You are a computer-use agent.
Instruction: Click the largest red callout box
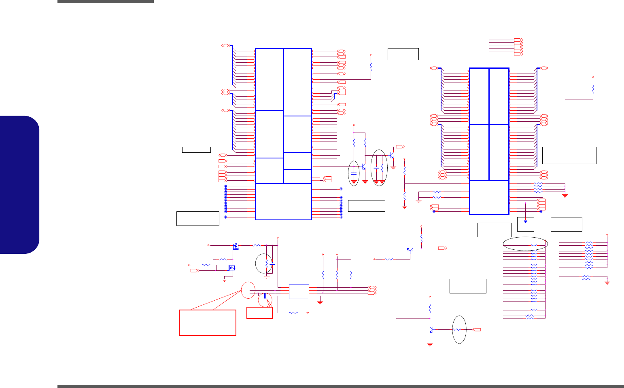pyautogui.click(x=207, y=323)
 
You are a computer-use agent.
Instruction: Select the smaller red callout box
pyautogui.click(x=259, y=312)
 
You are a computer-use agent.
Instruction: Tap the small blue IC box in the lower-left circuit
pyautogui.click(x=299, y=291)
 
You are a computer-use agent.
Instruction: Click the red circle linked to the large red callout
pyautogui.click(x=248, y=291)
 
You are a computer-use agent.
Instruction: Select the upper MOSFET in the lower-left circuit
pyautogui.click(x=236, y=246)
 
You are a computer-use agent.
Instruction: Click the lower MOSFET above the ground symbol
pyautogui.click(x=232, y=268)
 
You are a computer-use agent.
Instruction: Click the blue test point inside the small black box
pyautogui.click(x=525, y=221)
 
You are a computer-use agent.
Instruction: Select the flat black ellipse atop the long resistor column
pyautogui.click(x=526, y=244)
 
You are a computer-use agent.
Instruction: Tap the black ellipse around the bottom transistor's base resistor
pyautogui.click(x=459, y=329)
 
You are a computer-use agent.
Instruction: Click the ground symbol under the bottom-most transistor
pyautogui.click(x=430, y=345)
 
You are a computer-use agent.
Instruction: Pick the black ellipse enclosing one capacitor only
pyautogui.click(x=354, y=173)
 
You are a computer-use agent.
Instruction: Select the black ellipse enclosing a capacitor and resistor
pyautogui.click(x=379, y=167)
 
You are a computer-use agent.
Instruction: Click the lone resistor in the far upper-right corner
pyautogui.click(x=593, y=89)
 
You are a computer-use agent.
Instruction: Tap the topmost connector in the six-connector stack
pyautogui.click(x=518, y=40)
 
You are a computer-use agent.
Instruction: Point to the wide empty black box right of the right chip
pyautogui.click(x=569, y=155)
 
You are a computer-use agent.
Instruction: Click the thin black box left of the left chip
pyautogui.click(x=196, y=150)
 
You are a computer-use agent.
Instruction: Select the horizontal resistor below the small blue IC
pyautogui.click(x=294, y=312)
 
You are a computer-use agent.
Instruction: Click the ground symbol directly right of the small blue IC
pyautogui.click(x=320, y=302)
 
